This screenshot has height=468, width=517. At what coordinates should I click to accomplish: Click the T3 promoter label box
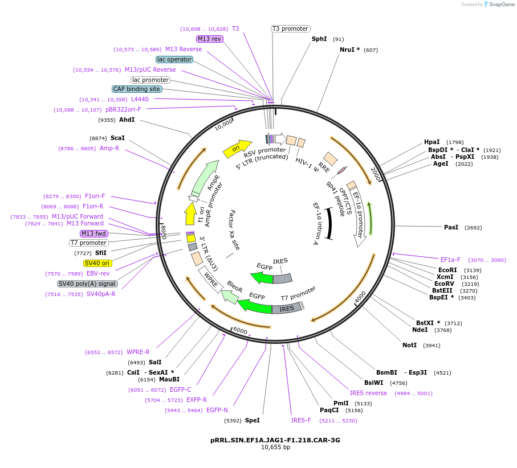290,28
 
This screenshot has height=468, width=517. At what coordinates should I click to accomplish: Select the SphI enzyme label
319,39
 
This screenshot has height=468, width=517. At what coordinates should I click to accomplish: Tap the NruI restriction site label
349,50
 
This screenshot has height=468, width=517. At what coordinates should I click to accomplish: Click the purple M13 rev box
210,39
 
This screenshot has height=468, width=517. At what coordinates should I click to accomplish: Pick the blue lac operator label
174,59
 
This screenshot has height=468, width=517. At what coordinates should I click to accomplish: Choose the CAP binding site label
137,89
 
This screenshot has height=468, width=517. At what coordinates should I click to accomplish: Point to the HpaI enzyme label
431,142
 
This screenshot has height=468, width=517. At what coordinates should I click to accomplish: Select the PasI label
451,227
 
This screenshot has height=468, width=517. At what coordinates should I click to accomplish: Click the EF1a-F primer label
450,260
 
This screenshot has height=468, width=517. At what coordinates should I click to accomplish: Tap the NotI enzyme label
409,345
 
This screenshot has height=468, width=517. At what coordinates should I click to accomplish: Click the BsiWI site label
374,383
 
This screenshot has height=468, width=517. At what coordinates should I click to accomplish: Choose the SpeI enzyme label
252,420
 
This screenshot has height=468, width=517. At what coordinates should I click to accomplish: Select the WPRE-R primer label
138,352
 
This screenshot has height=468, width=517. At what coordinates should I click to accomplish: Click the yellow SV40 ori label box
97,263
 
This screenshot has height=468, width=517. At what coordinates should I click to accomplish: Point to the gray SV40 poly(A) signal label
87,284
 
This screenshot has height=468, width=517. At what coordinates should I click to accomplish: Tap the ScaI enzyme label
117,138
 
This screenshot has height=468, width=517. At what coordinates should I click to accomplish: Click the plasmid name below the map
275,440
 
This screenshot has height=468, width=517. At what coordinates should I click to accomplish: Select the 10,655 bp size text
275,448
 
